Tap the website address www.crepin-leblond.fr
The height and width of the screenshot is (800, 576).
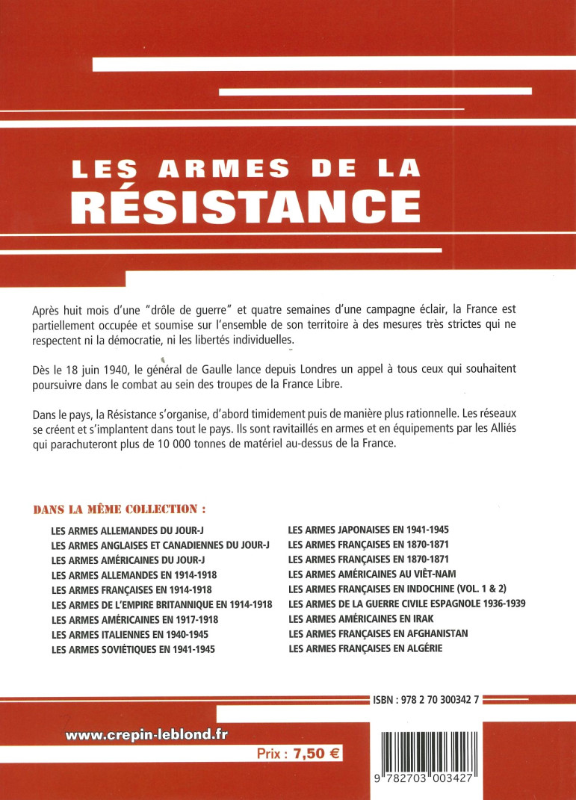click(146, 734)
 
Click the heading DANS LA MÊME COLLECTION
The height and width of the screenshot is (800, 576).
click(120, 509)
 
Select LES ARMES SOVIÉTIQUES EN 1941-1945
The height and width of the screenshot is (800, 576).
click(133, 649)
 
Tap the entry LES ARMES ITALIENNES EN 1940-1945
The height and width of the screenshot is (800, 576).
click(129, 634)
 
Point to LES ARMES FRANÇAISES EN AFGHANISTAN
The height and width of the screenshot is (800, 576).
click(377, 633)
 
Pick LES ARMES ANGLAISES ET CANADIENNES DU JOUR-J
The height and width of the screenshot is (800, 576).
click(161, 545)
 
